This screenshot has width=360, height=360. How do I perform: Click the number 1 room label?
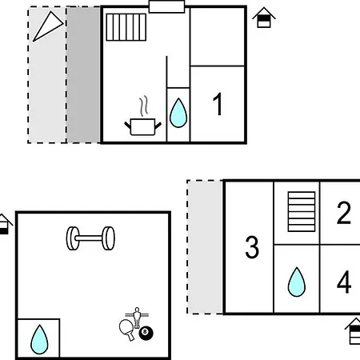pos(218,104)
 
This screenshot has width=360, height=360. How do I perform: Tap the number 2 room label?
pos(344,213)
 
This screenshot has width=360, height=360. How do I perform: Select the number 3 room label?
pos(252,247)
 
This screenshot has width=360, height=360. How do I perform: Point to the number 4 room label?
pos(344,282)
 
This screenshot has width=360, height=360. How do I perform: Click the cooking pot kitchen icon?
pos(143,126)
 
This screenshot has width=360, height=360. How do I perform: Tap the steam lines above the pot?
pos(144,106)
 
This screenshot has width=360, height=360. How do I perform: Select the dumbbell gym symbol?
pos(90,238)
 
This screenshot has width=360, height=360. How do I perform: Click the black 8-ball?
pos(146,333)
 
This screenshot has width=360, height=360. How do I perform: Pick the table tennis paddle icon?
pos(126,329)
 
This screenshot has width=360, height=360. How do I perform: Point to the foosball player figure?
pos(137,318)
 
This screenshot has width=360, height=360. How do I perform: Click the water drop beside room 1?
pos(178,113)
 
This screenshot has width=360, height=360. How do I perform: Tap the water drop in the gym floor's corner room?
pos(39,339)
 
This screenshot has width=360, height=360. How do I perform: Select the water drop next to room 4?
pos(297,282)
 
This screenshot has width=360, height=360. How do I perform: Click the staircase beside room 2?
pos(302,211)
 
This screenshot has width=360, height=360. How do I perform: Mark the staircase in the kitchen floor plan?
pos(126,27)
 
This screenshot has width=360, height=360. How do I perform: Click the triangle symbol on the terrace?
pos(48,26)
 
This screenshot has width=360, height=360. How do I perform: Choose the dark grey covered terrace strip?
pos(83,75)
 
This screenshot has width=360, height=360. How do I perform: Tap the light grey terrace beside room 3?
pos(206,247)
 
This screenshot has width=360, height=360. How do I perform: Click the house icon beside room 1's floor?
pos(264,18)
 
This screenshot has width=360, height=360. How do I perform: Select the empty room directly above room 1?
pos(218,37)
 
